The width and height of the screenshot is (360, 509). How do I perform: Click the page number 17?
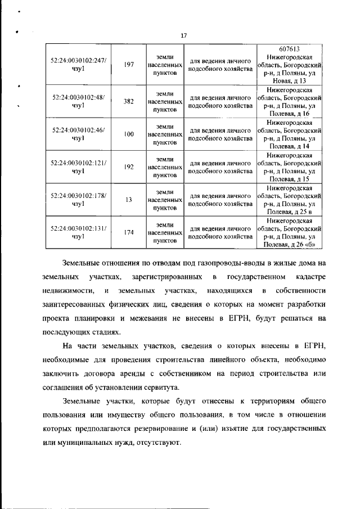183,36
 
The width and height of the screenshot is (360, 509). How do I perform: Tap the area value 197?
129,65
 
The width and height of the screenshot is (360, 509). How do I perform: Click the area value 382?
129,101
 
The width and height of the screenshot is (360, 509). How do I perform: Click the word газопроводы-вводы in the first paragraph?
206,264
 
